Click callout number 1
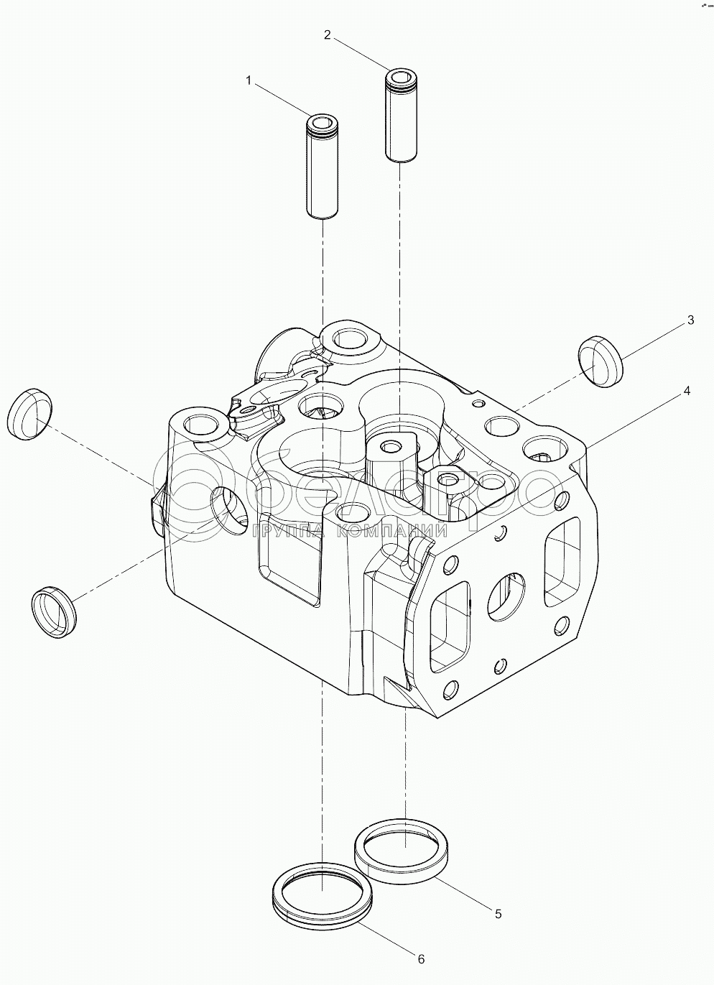pyautogui.click(x=249, y=81)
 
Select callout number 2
pyautogui.click(x=327, y=34)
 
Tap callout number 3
pyautogui.click(x=690, y=320)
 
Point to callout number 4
pyautogui.click(x=687, y=391)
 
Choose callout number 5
pyautogui.click(x=497, y=914)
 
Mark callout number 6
pyautogui.click(x=422, y=958)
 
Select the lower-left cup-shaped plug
pyautogui.click(x=54, y=611)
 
